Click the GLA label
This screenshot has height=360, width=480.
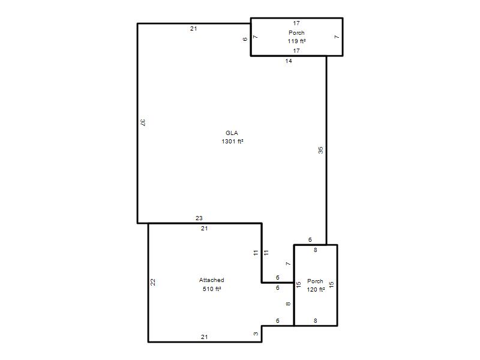[232, 133]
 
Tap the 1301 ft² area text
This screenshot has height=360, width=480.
[232, 142]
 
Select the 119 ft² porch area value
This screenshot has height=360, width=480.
[296, 41]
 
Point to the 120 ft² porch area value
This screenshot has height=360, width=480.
[316, 290]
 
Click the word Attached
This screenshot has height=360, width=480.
[212, 280]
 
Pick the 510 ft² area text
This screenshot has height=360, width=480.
[212, 289]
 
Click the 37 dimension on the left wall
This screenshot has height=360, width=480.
[143, 122]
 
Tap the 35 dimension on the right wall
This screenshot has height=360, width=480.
[320, 151]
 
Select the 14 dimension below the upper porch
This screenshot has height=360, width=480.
[289, 61]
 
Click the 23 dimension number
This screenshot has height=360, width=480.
[199, 218]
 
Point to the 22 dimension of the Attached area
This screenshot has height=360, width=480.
[153, 282]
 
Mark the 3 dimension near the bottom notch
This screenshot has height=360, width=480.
[256, 334]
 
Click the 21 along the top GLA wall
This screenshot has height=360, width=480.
[193, 29]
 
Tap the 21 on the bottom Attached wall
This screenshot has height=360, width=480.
[204, 337]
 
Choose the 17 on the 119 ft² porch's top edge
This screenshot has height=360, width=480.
[296, 23]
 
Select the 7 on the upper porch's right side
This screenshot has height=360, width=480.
[337, 37]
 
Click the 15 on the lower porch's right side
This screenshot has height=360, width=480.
[331, 284]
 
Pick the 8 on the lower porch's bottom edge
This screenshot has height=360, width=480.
[316, 321]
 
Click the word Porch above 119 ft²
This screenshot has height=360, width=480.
[296, 33]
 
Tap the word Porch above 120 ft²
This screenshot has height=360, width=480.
[316, 281]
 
